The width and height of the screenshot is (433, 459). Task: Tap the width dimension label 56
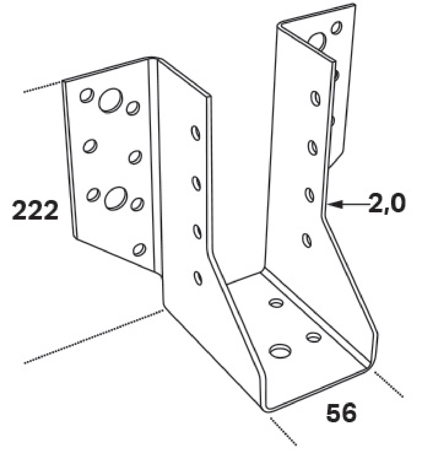point(341,413)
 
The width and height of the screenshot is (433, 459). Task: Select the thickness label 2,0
point(387,204)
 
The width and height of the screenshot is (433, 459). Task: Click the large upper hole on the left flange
point(111,100)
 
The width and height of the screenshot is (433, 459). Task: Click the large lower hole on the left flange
point(116,198)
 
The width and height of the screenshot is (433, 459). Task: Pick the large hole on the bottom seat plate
point(280,351)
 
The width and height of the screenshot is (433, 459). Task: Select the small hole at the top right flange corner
point(337,28)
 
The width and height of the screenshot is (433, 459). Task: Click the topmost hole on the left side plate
point(195,133)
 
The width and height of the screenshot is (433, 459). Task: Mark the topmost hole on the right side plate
point(315,98)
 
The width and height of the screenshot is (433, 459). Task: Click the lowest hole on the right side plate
point(307,240)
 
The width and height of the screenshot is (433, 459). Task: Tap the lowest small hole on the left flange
point(139,250)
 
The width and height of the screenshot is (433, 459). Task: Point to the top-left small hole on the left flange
point(87,95)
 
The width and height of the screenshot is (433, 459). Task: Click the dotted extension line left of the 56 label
point(283,431)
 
